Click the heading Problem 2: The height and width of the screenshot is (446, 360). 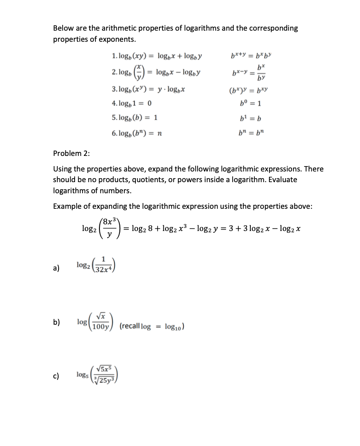(71, 154)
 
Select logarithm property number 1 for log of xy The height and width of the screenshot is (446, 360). (158, 56)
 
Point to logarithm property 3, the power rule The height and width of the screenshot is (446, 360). (149, 89)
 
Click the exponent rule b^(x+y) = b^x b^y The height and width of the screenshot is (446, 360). (249, 56)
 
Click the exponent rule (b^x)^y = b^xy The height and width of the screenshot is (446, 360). (249, 89)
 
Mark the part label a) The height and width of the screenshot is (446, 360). (56, 268)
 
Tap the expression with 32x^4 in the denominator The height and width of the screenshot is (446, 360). (96, 266)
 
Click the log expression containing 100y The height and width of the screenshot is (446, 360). (96, 321)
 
